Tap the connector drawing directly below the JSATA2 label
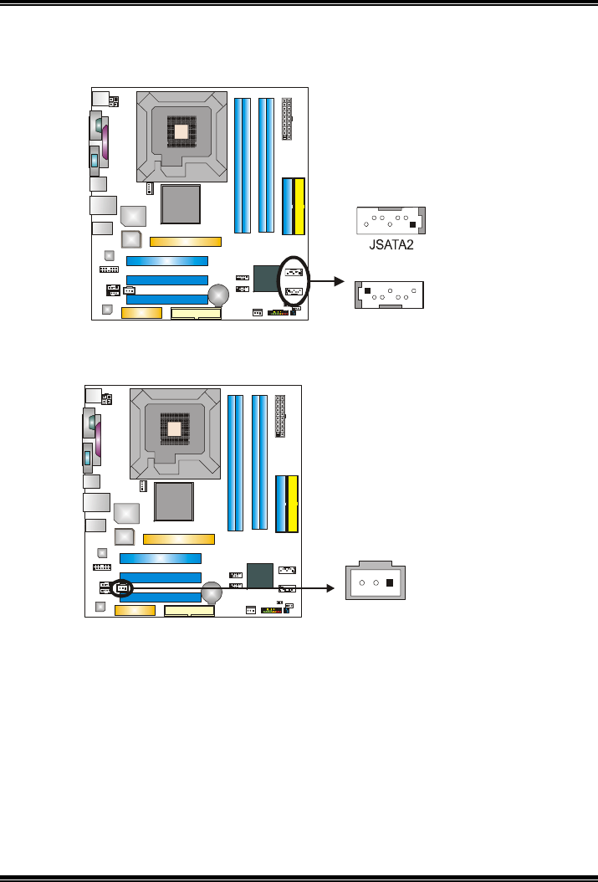tap(391, 295)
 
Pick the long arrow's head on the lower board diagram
tap(330, 587)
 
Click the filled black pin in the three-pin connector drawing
tap(391, 582)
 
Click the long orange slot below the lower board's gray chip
tap(178, 540)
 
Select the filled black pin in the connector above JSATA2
tap(411, 224)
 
